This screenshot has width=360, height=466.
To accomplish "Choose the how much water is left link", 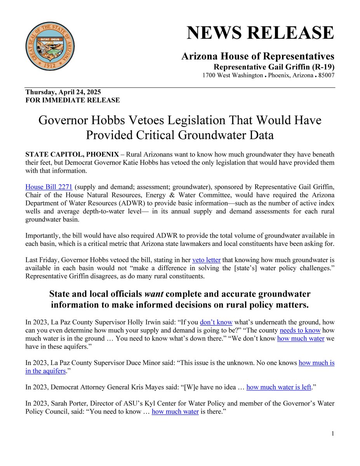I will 279,387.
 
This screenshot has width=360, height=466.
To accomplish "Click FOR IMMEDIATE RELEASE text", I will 73,100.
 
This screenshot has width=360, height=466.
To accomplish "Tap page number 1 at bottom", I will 333,434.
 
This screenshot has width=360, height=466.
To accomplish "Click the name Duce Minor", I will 148,363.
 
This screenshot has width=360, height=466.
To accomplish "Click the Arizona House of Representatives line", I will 258,57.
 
